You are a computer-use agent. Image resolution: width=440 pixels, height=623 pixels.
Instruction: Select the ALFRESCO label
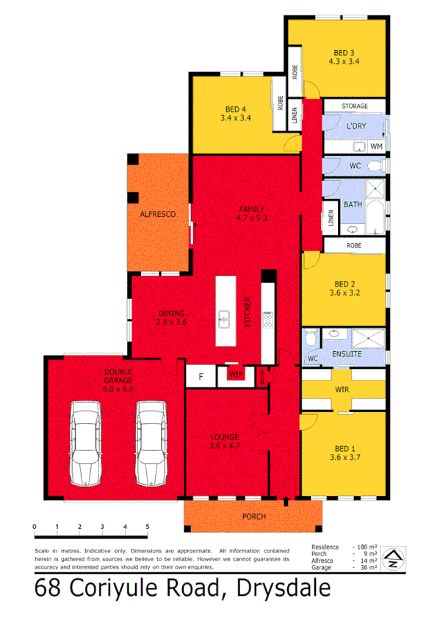click(158, 214)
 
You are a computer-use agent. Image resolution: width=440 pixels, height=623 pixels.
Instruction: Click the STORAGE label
click(355, 107)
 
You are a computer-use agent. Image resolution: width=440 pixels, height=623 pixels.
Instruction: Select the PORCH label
click(253, 516)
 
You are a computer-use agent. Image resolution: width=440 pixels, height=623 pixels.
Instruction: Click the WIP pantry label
click(236, 375)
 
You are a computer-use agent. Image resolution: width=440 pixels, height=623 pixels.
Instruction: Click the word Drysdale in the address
click(282, 590)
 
